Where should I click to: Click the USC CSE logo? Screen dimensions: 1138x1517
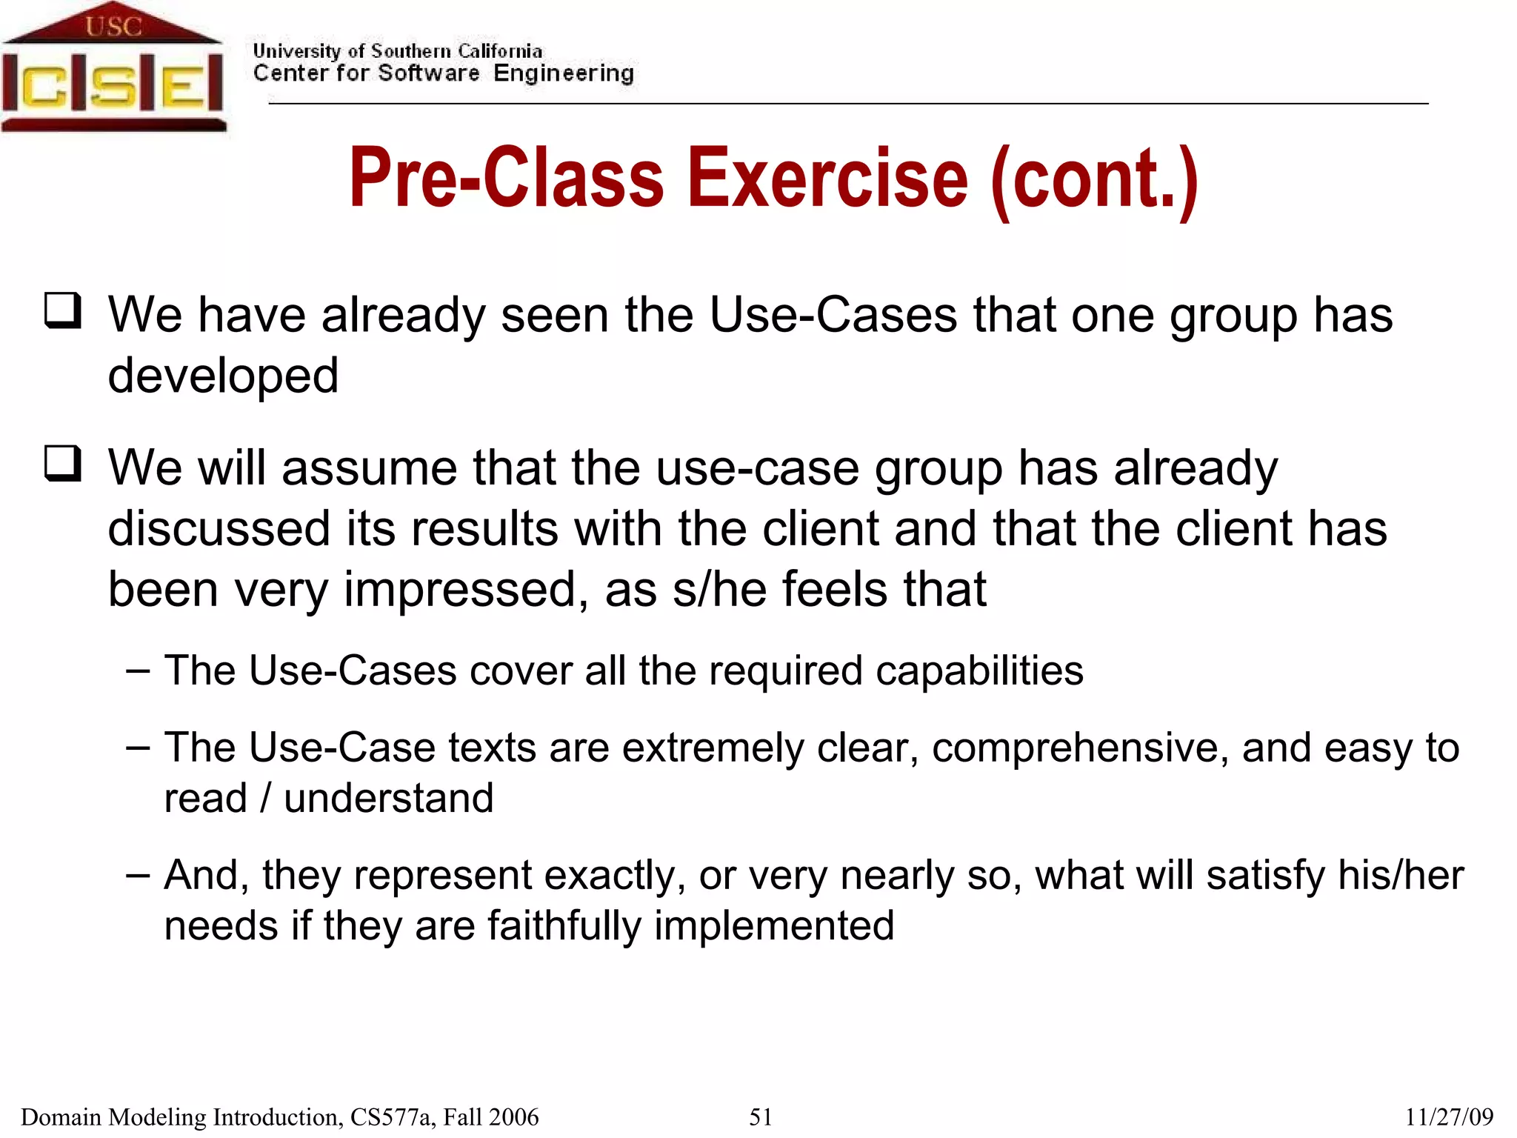click(x=113, y=68)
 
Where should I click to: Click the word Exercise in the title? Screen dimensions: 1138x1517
click(x=827, y=178)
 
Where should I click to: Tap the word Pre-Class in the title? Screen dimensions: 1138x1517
click(x=507, y=178)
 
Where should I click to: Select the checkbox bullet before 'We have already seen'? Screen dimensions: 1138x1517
click(x=63, y=311)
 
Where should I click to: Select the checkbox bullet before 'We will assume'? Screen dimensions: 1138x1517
click(x=63, y=465)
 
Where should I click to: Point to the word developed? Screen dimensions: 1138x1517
click(x=223, y=376)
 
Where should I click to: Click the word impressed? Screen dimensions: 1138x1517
click(x=460, y=590)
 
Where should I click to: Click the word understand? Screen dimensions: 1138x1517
click(x=388, y=799)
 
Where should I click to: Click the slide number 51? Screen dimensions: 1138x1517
click(x=761, y=1117)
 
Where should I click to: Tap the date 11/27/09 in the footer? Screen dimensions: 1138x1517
click(x=1449, y=1117)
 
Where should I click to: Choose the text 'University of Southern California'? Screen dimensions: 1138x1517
click(x=397, y=51)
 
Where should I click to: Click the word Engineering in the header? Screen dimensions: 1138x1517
click(x=564, y=73)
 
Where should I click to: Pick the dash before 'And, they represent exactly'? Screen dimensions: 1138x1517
click(x=138, y=875)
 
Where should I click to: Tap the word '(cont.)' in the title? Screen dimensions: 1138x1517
click(x=1094, y=179)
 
